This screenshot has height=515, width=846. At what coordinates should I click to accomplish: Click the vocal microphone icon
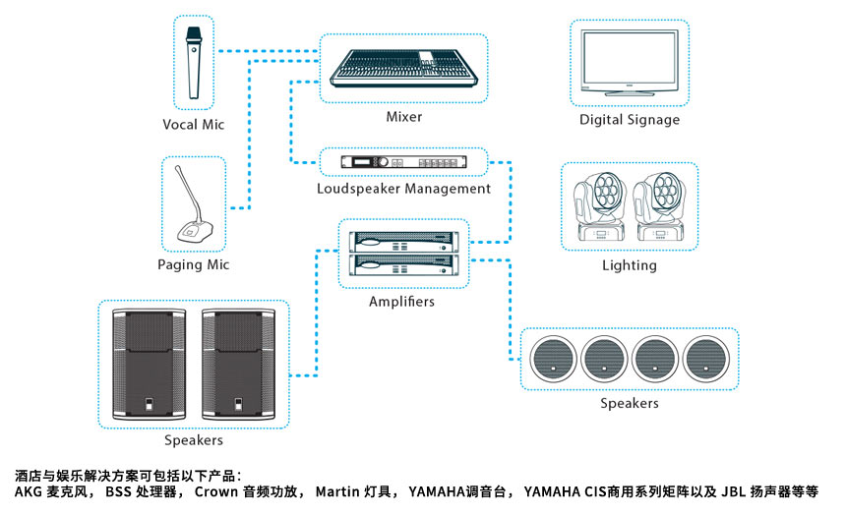194,64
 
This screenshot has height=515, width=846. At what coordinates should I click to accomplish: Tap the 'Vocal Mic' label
194,125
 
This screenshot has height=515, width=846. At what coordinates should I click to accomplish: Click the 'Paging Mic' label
193,265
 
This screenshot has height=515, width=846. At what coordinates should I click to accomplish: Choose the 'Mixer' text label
403,117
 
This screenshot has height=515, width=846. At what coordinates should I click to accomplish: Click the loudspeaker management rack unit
403,163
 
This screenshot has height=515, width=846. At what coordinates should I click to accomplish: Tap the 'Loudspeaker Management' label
403,188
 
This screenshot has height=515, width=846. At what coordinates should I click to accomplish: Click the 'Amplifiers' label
401,302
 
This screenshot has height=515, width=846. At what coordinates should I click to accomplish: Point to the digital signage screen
629,63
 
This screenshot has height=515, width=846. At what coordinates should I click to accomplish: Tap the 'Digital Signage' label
630,120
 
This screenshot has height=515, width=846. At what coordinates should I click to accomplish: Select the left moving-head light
600,206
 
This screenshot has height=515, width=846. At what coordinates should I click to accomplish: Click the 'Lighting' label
630,265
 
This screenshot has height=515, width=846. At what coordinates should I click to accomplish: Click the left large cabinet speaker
149,365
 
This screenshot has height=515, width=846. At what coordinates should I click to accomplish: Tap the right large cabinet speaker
239,365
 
